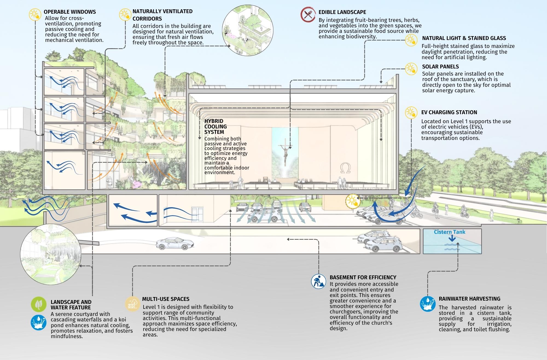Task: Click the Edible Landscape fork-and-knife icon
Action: (x=308, y=15)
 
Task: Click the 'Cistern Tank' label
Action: (x=449, y=232)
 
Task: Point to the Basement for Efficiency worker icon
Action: (x=319, y=281)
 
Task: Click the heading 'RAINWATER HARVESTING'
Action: (x=469, y=299)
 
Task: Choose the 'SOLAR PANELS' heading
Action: (x=440, y=67)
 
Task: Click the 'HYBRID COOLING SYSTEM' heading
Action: (x=216, y=126)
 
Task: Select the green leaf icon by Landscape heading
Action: (x=39, y=304)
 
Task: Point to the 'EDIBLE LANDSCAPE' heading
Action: (x=342, y=12)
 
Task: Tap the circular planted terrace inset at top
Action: (x=248, y=31)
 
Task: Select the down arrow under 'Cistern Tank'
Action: (x=452, y=238)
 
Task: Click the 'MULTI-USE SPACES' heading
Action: (x=166, y=299)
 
